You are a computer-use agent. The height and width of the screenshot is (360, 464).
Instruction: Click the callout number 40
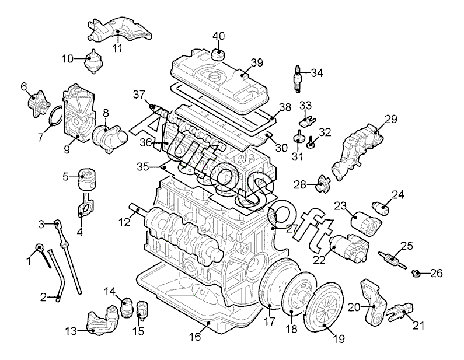coord(219,36)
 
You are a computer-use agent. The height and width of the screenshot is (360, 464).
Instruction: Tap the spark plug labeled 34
coord(297,79)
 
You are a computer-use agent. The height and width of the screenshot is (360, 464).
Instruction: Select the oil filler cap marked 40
coord(219,54)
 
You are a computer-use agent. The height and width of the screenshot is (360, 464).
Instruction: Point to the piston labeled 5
coord(87,180)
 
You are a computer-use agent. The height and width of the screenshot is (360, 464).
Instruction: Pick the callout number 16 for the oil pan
coord(196,337)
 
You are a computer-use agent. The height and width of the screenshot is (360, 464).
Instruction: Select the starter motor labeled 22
coord(349,246)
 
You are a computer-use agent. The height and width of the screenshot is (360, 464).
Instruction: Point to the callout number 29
coord(391,119)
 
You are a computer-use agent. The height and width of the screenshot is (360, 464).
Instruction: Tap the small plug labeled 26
coord(416,274)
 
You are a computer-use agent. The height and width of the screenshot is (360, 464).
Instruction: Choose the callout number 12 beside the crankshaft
coord(124,222)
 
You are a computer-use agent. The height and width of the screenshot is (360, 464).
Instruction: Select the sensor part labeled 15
coord(142,309)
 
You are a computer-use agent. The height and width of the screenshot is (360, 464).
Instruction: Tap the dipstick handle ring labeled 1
coord(39,247)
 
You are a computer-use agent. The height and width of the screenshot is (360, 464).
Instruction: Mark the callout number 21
coord(418,326)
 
